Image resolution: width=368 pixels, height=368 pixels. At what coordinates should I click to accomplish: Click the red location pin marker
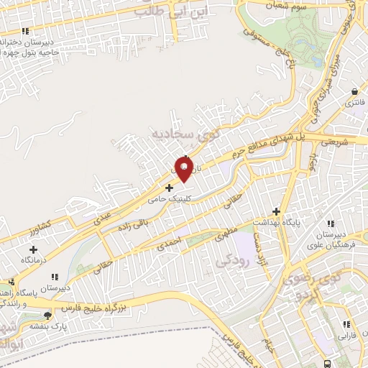[x=185, y=167]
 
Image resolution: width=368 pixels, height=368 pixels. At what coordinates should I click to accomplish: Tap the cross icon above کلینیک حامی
[x=169, y=188]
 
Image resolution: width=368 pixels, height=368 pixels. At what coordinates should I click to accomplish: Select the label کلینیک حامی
[x=169, y=198]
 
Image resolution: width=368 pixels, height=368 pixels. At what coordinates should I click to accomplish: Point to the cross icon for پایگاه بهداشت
[x=276, y=211]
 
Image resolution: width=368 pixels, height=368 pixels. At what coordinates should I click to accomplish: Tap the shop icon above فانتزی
[x=355, y=93]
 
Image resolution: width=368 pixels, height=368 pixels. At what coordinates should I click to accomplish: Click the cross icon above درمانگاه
[x=29, y=249]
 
